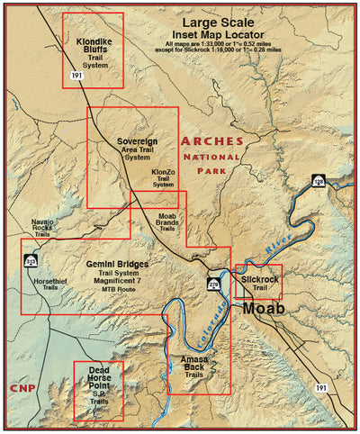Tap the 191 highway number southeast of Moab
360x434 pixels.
click(x=322, y=385)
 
